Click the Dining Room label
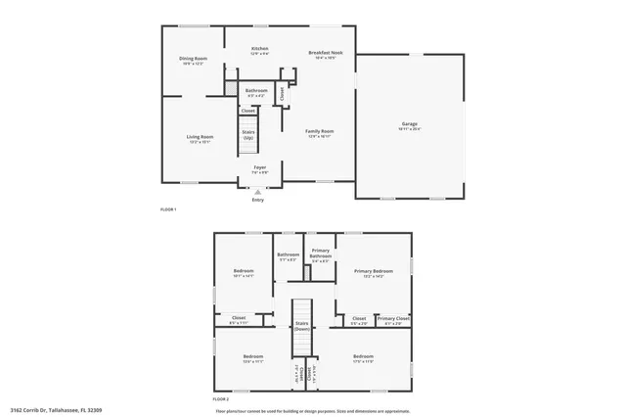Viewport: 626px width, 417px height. [193, 59]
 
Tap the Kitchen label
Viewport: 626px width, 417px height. [259, 49]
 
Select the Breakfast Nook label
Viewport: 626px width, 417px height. [325, 53]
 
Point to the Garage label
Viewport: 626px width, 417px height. [409, 124]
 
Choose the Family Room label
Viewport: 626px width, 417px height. [320, 132]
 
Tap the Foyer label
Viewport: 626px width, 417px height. [259, 167]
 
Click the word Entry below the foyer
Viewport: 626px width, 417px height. [258, 200]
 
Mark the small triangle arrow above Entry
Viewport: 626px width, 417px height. [258, 192]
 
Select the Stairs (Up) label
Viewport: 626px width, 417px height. [248, 134]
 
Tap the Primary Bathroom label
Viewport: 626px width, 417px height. [321, 255]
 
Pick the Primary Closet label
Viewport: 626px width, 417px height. [393, 318]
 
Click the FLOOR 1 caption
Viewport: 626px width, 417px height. [168, 210]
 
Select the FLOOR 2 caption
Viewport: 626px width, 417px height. [221, 399]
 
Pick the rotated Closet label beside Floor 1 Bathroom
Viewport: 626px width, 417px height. [282, 93]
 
